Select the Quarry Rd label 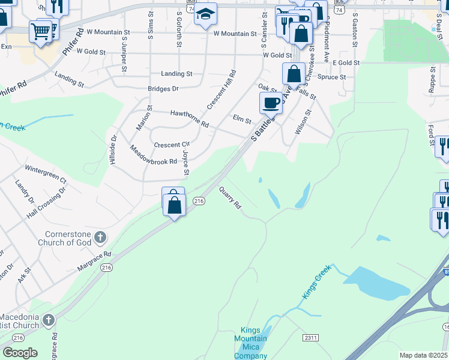(x=230, y=196)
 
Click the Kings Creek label (x=316, y=283)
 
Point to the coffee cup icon (x=271, y=103)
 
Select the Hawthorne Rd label (x=189, y=118)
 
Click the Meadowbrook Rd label (x=153, y=154)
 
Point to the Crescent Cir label (x=172, y=145)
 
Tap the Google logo (x=20, y=352)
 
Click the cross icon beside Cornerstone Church (x=100, y=238)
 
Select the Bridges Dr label (x=163, y=89)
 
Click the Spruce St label (x=331, y=77)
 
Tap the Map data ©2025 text (x=423, y=355)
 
